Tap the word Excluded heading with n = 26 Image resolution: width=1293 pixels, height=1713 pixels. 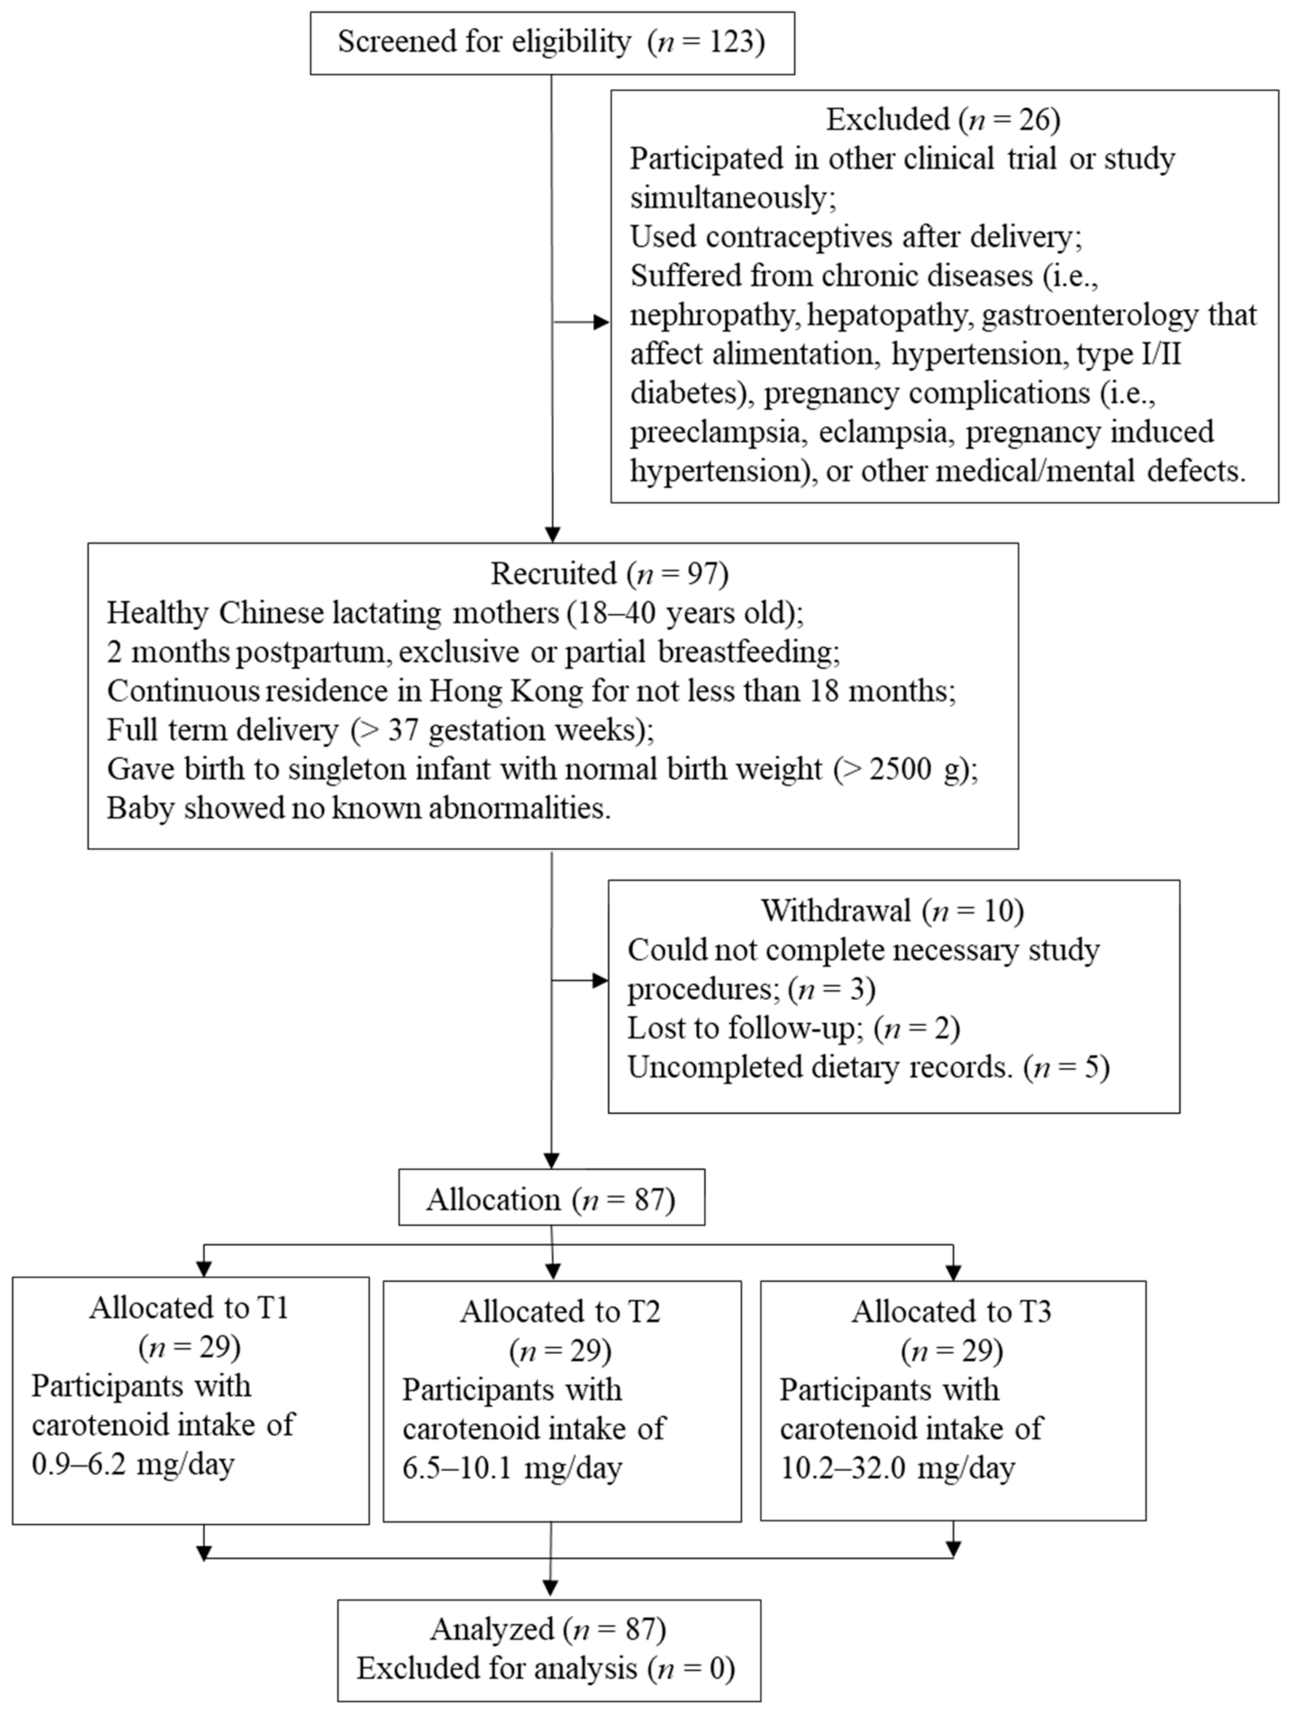(887, 119)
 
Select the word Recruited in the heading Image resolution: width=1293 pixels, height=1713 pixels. (553, 574)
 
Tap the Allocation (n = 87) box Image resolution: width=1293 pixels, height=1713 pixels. (551, 1200)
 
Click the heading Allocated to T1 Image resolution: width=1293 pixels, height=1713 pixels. (189, 1308)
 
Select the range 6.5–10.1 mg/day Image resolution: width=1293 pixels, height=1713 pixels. (512, 1468)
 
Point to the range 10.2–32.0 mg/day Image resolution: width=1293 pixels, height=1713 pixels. (897, 1468)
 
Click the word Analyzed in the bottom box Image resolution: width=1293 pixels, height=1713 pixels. (492, 1629)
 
